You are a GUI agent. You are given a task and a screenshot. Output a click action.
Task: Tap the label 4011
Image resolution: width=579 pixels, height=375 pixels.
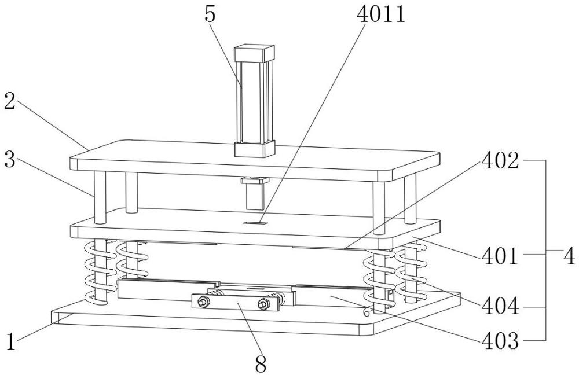[x=379, y=14]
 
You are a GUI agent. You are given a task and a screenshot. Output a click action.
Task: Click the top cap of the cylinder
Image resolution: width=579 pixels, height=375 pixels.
[x=253, y=54]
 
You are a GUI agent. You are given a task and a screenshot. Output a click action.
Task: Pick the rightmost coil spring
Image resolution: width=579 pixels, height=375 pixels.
[x=412, y=272]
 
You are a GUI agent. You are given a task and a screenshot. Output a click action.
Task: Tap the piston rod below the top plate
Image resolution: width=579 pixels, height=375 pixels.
[x=253, y=198]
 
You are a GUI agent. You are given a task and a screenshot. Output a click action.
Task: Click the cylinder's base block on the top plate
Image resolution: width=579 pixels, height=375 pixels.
[x=254, y=149]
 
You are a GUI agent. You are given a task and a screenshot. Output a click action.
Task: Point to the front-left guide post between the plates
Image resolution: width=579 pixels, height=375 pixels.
[x=100, y=197]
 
